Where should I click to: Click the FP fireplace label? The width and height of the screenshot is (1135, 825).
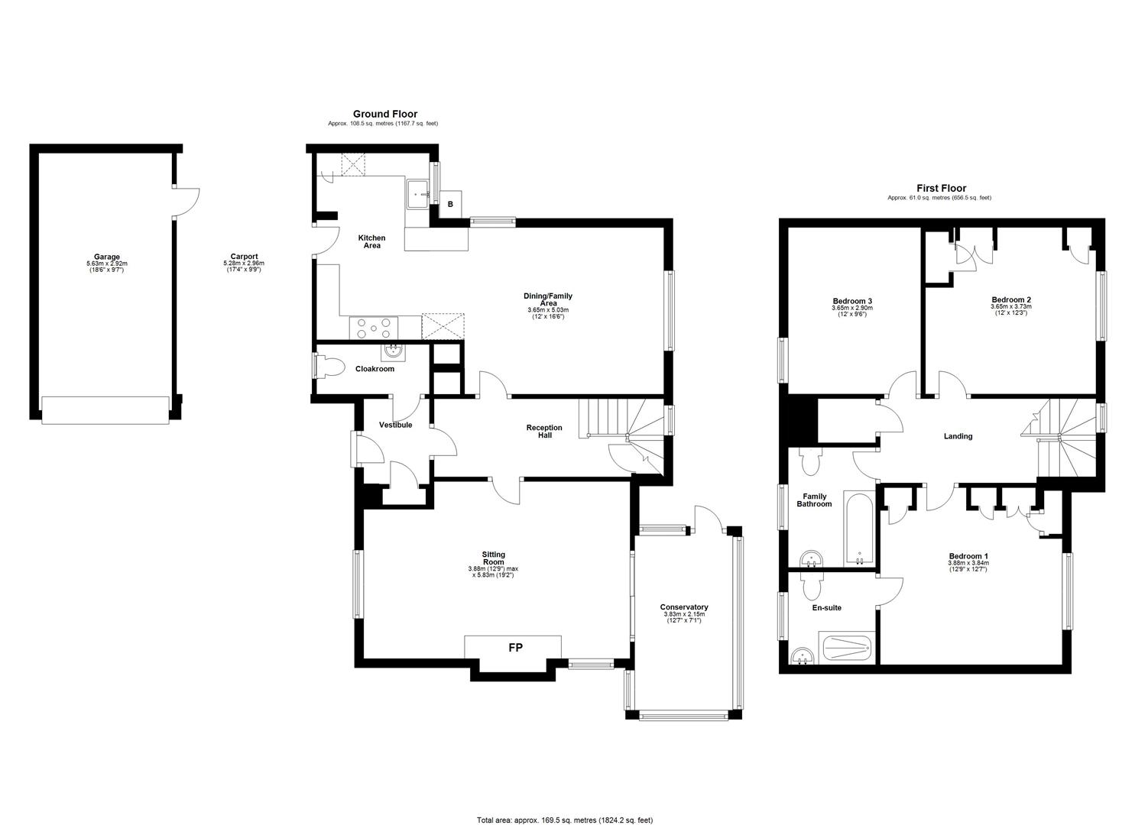point(515,647)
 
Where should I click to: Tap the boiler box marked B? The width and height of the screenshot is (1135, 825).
point(450,204)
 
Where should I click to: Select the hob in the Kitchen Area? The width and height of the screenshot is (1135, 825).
point(374,327)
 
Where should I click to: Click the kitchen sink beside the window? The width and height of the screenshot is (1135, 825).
point(418,193)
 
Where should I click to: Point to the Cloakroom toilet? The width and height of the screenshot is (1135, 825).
point(329,366)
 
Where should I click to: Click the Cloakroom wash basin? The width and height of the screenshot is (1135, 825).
point(393,351)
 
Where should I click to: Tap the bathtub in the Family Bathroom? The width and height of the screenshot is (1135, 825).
point(859,529)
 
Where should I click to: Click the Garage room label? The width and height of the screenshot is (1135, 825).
point(106,257)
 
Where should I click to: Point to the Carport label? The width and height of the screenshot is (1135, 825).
point(244,257)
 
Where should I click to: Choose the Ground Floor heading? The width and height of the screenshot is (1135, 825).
point(385,114)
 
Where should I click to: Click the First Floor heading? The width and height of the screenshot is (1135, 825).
point(942,189)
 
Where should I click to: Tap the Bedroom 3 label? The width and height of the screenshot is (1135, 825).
point(852,301)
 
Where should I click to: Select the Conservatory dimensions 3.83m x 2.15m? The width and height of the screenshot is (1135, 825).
point(684,614)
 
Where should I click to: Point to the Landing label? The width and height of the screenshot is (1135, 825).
point(958,436)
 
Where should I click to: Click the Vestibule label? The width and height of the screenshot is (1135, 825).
point(396,425)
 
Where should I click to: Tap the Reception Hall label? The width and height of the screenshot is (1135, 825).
point(544,432)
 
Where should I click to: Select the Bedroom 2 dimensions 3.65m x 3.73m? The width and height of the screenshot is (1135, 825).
point(1011,307)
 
